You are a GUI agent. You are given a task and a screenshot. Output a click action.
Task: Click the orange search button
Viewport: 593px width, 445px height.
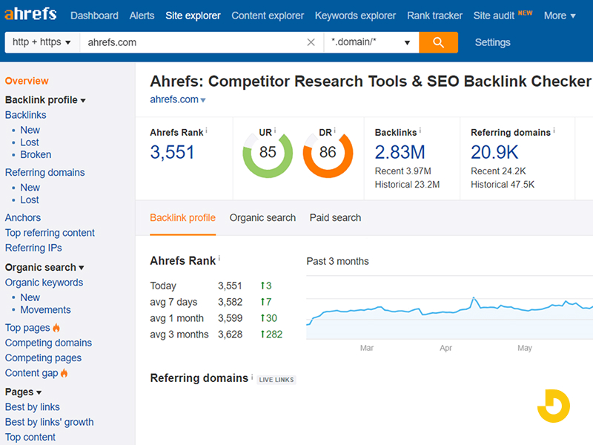pos(438,42)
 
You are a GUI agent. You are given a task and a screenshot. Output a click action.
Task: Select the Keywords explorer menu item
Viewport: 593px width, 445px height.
pos(355,16)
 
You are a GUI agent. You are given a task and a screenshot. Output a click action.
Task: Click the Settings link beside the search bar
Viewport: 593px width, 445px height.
pos(492,42)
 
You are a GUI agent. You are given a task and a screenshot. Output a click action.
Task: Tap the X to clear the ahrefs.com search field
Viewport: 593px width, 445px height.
pos(311,42)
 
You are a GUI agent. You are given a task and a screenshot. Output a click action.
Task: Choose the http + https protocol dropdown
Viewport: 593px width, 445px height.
pos(42,42)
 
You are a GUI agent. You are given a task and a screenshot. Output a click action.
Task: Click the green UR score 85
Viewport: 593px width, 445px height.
pos(268,153)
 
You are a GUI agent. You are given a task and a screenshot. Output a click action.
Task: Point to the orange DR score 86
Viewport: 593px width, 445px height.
pos(328,153)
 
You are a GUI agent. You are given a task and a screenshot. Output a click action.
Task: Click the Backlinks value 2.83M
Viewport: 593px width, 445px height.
pos(400,152)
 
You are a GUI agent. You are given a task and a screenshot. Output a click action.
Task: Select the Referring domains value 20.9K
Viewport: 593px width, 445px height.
pos(494,152)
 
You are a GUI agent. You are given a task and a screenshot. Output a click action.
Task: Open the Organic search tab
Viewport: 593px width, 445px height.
pos(262,218)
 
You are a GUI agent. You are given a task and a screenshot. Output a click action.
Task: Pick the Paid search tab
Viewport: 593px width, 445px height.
pos(335,218)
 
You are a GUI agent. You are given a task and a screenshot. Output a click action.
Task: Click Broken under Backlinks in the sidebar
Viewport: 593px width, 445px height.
pos(36,155)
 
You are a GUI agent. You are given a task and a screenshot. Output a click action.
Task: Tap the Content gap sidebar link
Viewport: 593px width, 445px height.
pos(31,373)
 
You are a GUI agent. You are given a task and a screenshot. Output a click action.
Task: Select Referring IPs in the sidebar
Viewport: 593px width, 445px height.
pos(33,248)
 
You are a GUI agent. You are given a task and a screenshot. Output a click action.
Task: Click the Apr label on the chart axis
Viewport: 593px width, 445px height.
pos(445,347)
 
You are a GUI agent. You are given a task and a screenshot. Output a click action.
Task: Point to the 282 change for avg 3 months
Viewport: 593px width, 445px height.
pos(271,334)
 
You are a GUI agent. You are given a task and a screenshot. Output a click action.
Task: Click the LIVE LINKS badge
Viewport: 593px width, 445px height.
pos(276,380)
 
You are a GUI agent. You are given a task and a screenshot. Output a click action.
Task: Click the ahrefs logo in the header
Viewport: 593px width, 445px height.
pos(31,15)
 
